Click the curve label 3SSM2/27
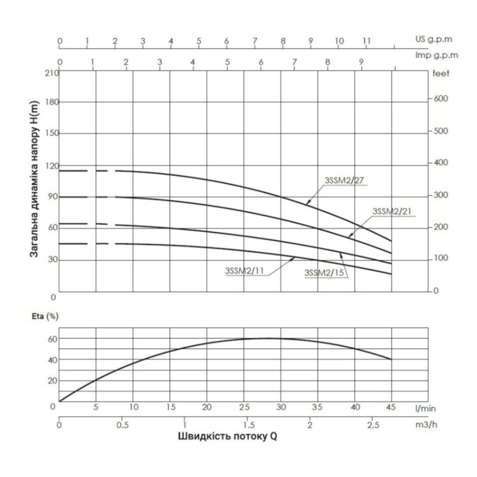click(x=344, y=180)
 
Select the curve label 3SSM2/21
click(x=392, y=211)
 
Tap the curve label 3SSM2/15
click(x=324, y=273)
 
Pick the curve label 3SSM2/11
click(x=244, y=271)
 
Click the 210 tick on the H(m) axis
click(x=52, y=73)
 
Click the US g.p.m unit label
click(x=434, y=39)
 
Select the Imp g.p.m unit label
click(x=436, y=55)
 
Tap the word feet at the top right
click(x=441, y=73)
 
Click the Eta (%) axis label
click(x=45, y=316)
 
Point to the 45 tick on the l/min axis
click(x=391, y=407)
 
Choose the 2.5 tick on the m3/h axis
click(x=373, y=425)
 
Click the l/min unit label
click(x=425, y=408)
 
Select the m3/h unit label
click(x=426, y=425)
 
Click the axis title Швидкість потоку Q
click(x=228, y=436)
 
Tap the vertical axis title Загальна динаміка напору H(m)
click(x=34, y=179)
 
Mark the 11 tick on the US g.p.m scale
click(x=367, y=41)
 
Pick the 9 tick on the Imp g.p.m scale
click(x=361, y=62)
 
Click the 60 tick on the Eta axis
click(x=52, y=339)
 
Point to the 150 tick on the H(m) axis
click(x=52, y=133)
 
